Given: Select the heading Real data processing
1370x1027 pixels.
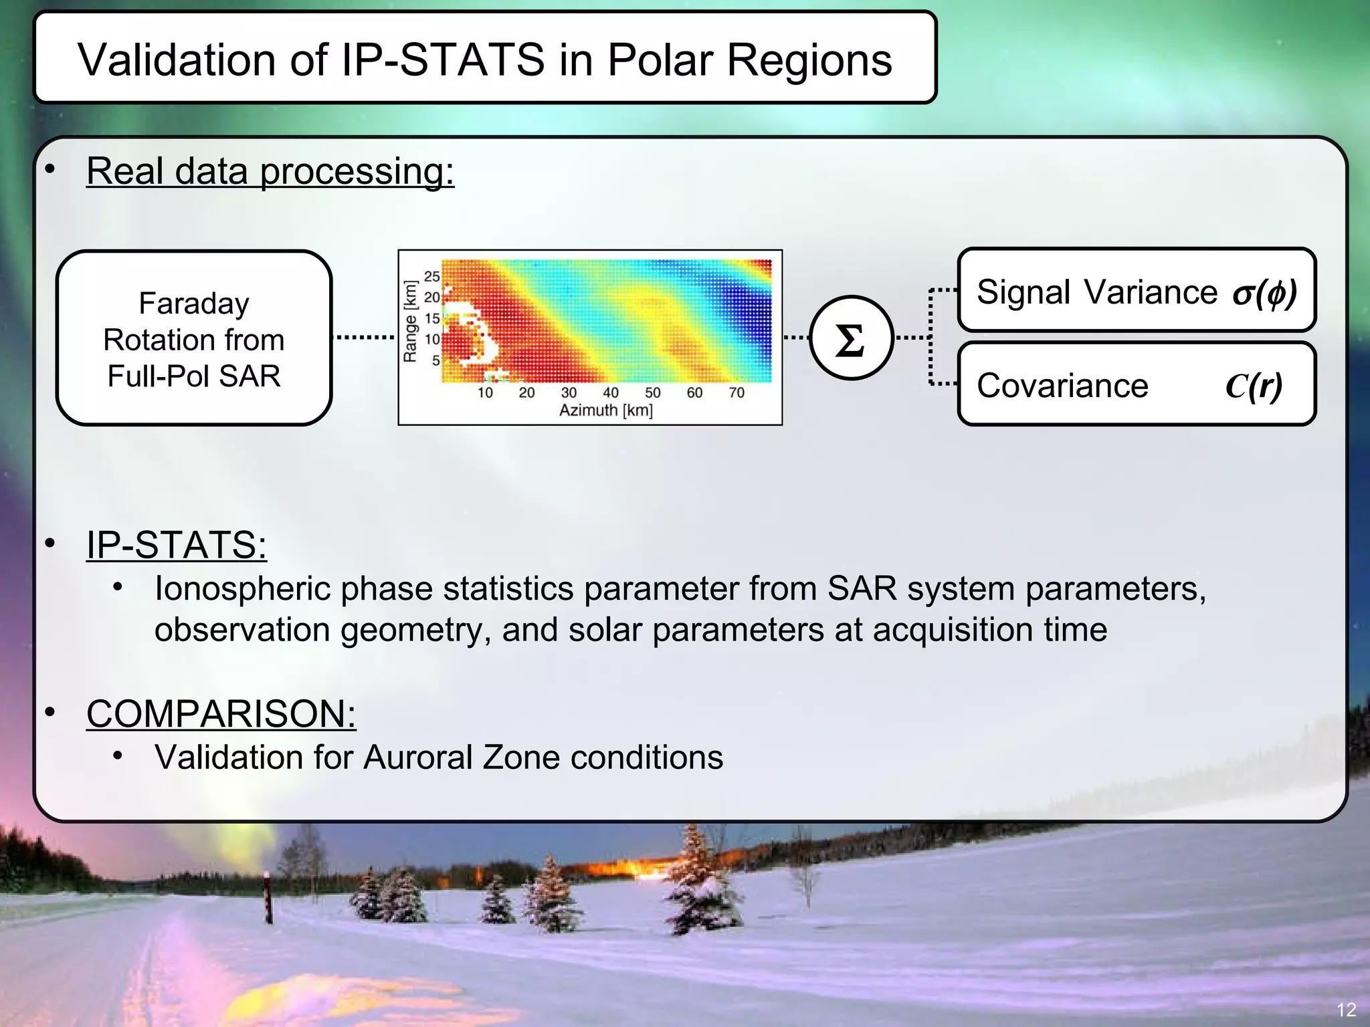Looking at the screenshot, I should coord(270,171).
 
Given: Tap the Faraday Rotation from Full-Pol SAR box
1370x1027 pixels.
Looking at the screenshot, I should coord(194,338).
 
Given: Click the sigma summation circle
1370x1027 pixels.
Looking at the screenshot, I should coord(851,338).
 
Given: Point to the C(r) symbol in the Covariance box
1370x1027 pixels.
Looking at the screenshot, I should coord(1254,386).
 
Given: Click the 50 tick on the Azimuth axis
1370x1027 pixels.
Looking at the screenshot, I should coord(652,392).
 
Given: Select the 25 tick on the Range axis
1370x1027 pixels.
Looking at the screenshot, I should coord(432,275).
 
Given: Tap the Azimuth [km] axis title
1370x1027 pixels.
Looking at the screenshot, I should coord(605,410).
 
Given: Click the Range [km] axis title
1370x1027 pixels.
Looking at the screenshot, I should coord(410,322).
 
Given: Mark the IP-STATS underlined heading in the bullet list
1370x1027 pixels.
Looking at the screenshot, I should coord(177,544).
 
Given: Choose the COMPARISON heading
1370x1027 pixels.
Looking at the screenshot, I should coord(221,713).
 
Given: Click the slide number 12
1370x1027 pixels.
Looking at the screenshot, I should coord(1346,1010).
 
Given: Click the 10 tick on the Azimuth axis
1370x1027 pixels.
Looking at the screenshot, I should coord(485,392).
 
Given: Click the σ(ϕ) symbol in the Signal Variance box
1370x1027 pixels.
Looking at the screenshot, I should coord(1264,292).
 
